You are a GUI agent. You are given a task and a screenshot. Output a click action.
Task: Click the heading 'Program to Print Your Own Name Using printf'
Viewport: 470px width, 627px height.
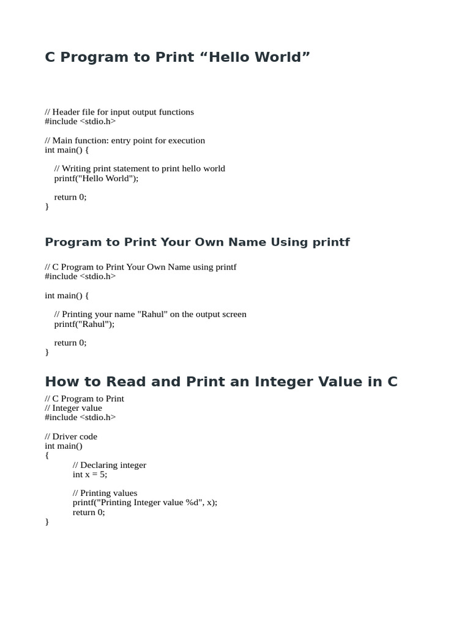[x=197, y=242]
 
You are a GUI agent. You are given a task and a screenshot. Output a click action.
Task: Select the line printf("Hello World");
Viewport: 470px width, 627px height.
[x=96, y=178]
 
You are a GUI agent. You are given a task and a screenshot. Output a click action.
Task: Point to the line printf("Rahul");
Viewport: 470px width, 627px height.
[x=84, y=324]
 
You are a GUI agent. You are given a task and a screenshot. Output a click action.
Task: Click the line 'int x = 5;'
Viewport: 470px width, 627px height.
[x=89, y=475]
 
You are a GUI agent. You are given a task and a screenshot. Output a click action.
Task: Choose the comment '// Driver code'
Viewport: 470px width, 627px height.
[x=71, y=437]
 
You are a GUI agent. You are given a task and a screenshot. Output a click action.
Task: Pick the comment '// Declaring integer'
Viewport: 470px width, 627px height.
[x=109, y=465]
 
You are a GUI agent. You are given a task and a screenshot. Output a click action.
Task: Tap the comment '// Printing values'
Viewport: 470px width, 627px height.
[x=105, y=493]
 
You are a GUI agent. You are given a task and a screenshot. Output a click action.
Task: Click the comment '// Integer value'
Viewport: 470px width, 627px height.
[x=73, y=408]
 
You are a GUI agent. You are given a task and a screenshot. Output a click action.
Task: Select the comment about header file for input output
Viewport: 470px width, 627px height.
[x=119, y=112]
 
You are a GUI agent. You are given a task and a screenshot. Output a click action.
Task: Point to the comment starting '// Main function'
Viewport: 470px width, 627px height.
[x=125, y=140]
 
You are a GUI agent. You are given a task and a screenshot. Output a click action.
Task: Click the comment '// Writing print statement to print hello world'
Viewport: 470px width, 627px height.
[x=140, y=168]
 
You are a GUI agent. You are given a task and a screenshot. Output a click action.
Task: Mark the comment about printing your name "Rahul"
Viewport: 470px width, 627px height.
[x=150, y=314]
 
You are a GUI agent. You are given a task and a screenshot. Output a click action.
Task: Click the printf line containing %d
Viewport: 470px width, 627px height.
[x=144, y=503]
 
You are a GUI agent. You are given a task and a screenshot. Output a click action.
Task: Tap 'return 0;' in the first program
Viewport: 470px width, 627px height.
[x=70, y=197]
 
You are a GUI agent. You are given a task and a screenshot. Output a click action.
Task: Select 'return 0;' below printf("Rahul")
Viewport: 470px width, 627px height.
[x=70, y=343]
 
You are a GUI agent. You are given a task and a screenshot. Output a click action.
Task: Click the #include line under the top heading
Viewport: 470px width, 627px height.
[x=80, y=121]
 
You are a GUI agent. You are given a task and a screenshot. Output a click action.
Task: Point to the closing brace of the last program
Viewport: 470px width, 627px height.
[x=47, y=522]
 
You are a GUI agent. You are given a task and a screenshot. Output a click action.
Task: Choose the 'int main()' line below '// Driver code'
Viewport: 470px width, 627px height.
[x=64, y=446]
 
